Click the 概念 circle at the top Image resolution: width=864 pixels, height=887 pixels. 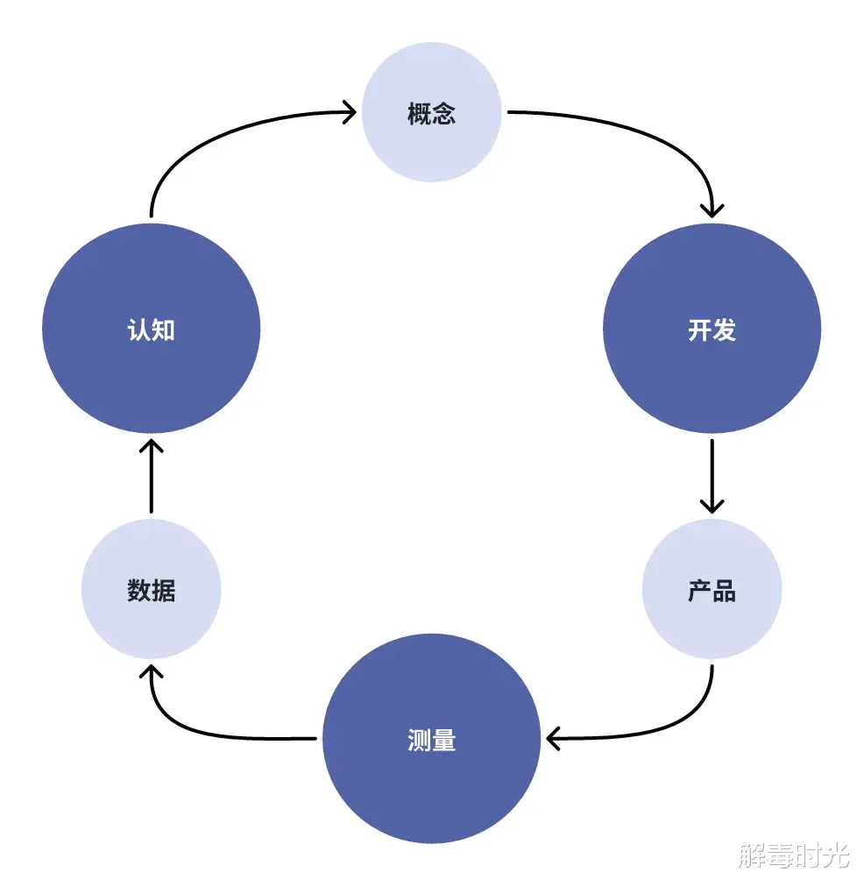(x=431, y=112)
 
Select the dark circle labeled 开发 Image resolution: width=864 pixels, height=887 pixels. (x=712, y=328)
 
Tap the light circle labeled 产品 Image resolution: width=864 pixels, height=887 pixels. (x=712, y=589)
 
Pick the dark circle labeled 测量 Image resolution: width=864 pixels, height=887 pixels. (x=431, y=738)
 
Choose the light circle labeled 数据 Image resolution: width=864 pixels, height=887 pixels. (x=151, y=589)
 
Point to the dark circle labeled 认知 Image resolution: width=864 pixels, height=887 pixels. (x=151, y=328)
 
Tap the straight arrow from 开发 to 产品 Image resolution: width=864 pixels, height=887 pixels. (x=712, y=476)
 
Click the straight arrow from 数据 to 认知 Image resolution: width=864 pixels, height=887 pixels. (x=151, y=476)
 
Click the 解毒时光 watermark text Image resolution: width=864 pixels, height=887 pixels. (x=794, y=855)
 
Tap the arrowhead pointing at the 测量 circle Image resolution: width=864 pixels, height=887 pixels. (x=552, y=738)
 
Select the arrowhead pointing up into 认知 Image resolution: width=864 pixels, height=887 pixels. (x=151, y=445)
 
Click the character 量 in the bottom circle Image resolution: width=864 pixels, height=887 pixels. (x=444, y=740)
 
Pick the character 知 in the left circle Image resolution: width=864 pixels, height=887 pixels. (x=163, y=330)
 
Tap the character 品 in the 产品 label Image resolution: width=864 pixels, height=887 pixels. (x=725, y=591)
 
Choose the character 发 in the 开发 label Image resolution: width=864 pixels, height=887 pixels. (x=725, y=330)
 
